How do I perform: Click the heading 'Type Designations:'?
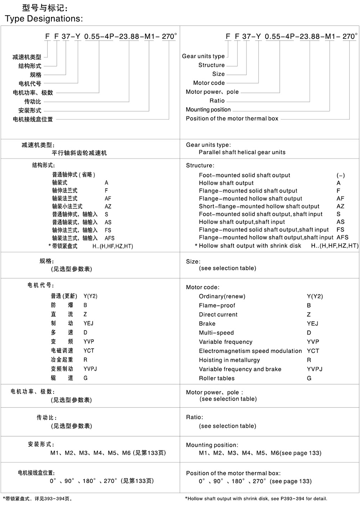44,19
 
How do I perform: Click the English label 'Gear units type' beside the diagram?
203,56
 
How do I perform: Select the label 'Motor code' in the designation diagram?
209,83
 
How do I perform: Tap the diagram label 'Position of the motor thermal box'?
232,118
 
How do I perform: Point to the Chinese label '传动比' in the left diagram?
33,101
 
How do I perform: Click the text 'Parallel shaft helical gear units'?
242,152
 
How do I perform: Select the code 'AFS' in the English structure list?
342,237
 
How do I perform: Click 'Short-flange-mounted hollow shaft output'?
259,206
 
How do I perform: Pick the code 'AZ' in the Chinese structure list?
108,206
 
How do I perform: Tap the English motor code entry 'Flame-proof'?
217,305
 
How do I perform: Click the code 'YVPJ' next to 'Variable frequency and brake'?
315,369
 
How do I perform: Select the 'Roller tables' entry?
216,378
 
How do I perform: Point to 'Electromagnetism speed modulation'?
250,351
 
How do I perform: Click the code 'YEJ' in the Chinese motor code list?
89,323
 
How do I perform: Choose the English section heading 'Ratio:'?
194,417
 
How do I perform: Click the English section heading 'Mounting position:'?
212,445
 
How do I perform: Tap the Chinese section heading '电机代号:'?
41,285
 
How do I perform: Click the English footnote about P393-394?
256,499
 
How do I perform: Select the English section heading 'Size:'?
193,261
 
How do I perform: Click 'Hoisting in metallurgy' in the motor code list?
229,360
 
